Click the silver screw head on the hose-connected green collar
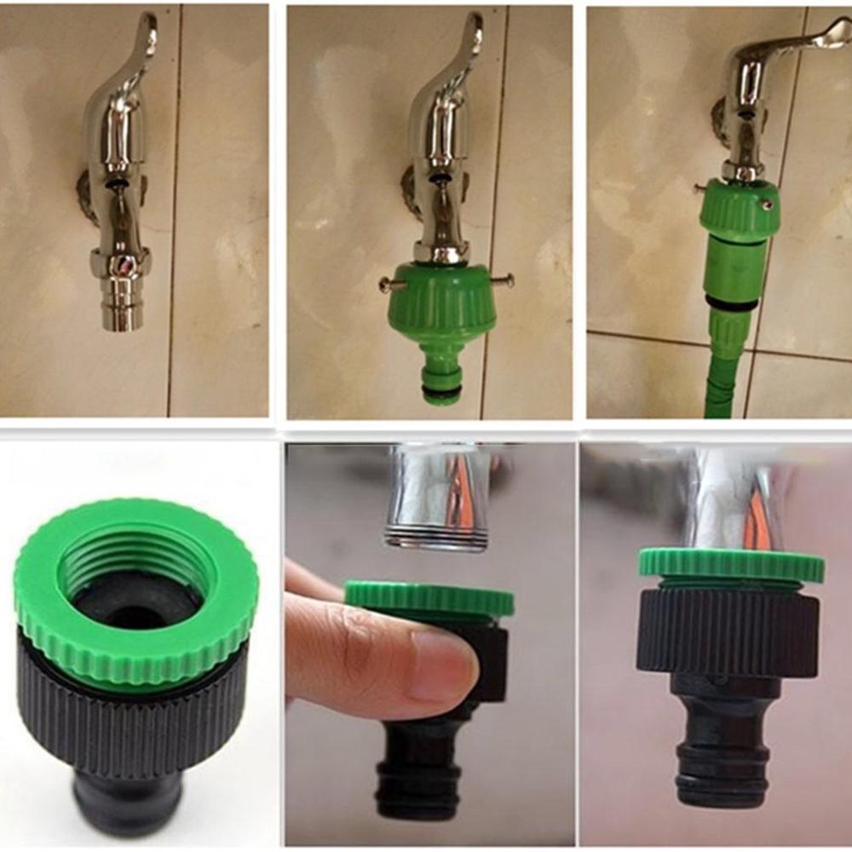pyautogui.click(x=768, y=205)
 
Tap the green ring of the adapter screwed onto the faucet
pyautogui.click(x=731, y=565)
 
